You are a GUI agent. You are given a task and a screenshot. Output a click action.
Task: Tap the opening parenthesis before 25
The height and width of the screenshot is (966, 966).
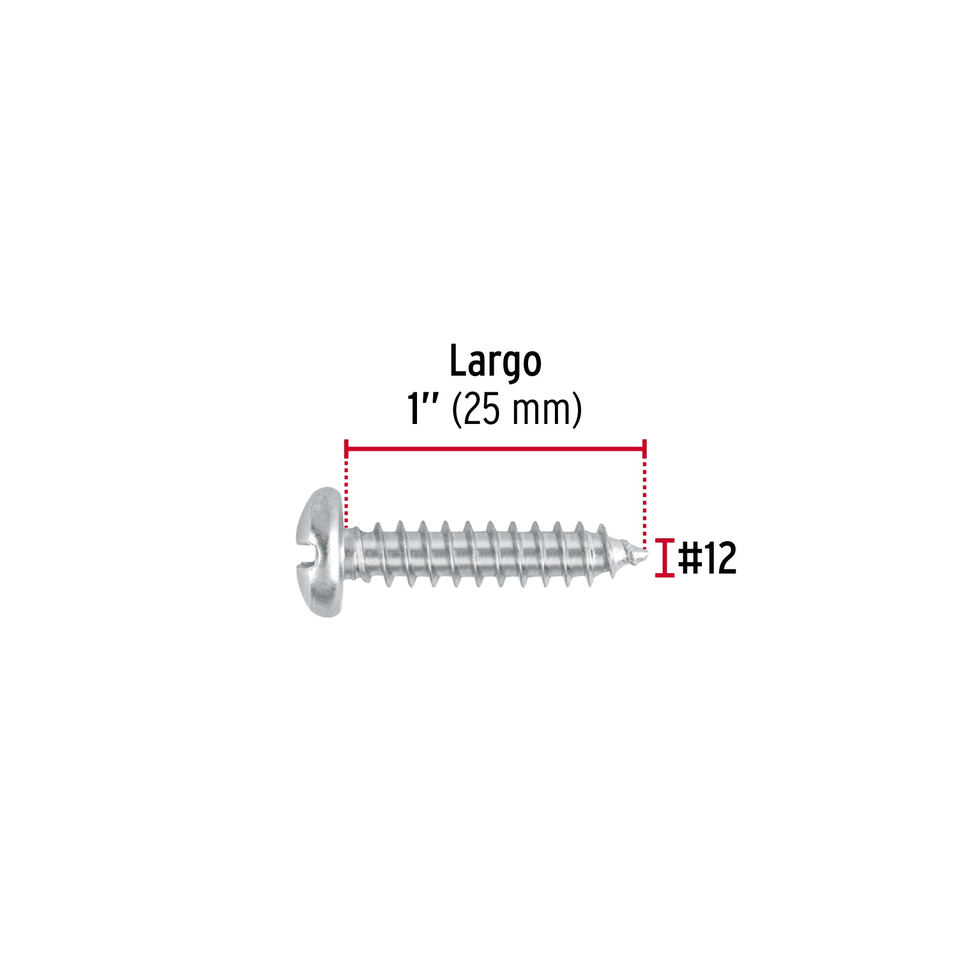click(457, 410)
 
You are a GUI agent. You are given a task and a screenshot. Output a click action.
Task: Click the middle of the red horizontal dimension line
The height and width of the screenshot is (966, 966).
click(495, 448)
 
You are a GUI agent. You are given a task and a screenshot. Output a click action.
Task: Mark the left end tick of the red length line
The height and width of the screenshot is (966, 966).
click(346, 448)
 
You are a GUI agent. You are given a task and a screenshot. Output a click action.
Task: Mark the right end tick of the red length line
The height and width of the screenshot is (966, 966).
click(644, 448)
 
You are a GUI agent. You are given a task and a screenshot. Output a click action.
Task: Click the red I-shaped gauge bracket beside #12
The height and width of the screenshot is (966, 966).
click(664, 558)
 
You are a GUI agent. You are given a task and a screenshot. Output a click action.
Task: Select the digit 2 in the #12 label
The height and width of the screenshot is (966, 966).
click(725, 558)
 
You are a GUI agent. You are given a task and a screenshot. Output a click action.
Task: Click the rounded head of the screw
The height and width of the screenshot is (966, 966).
click(320, 552)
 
